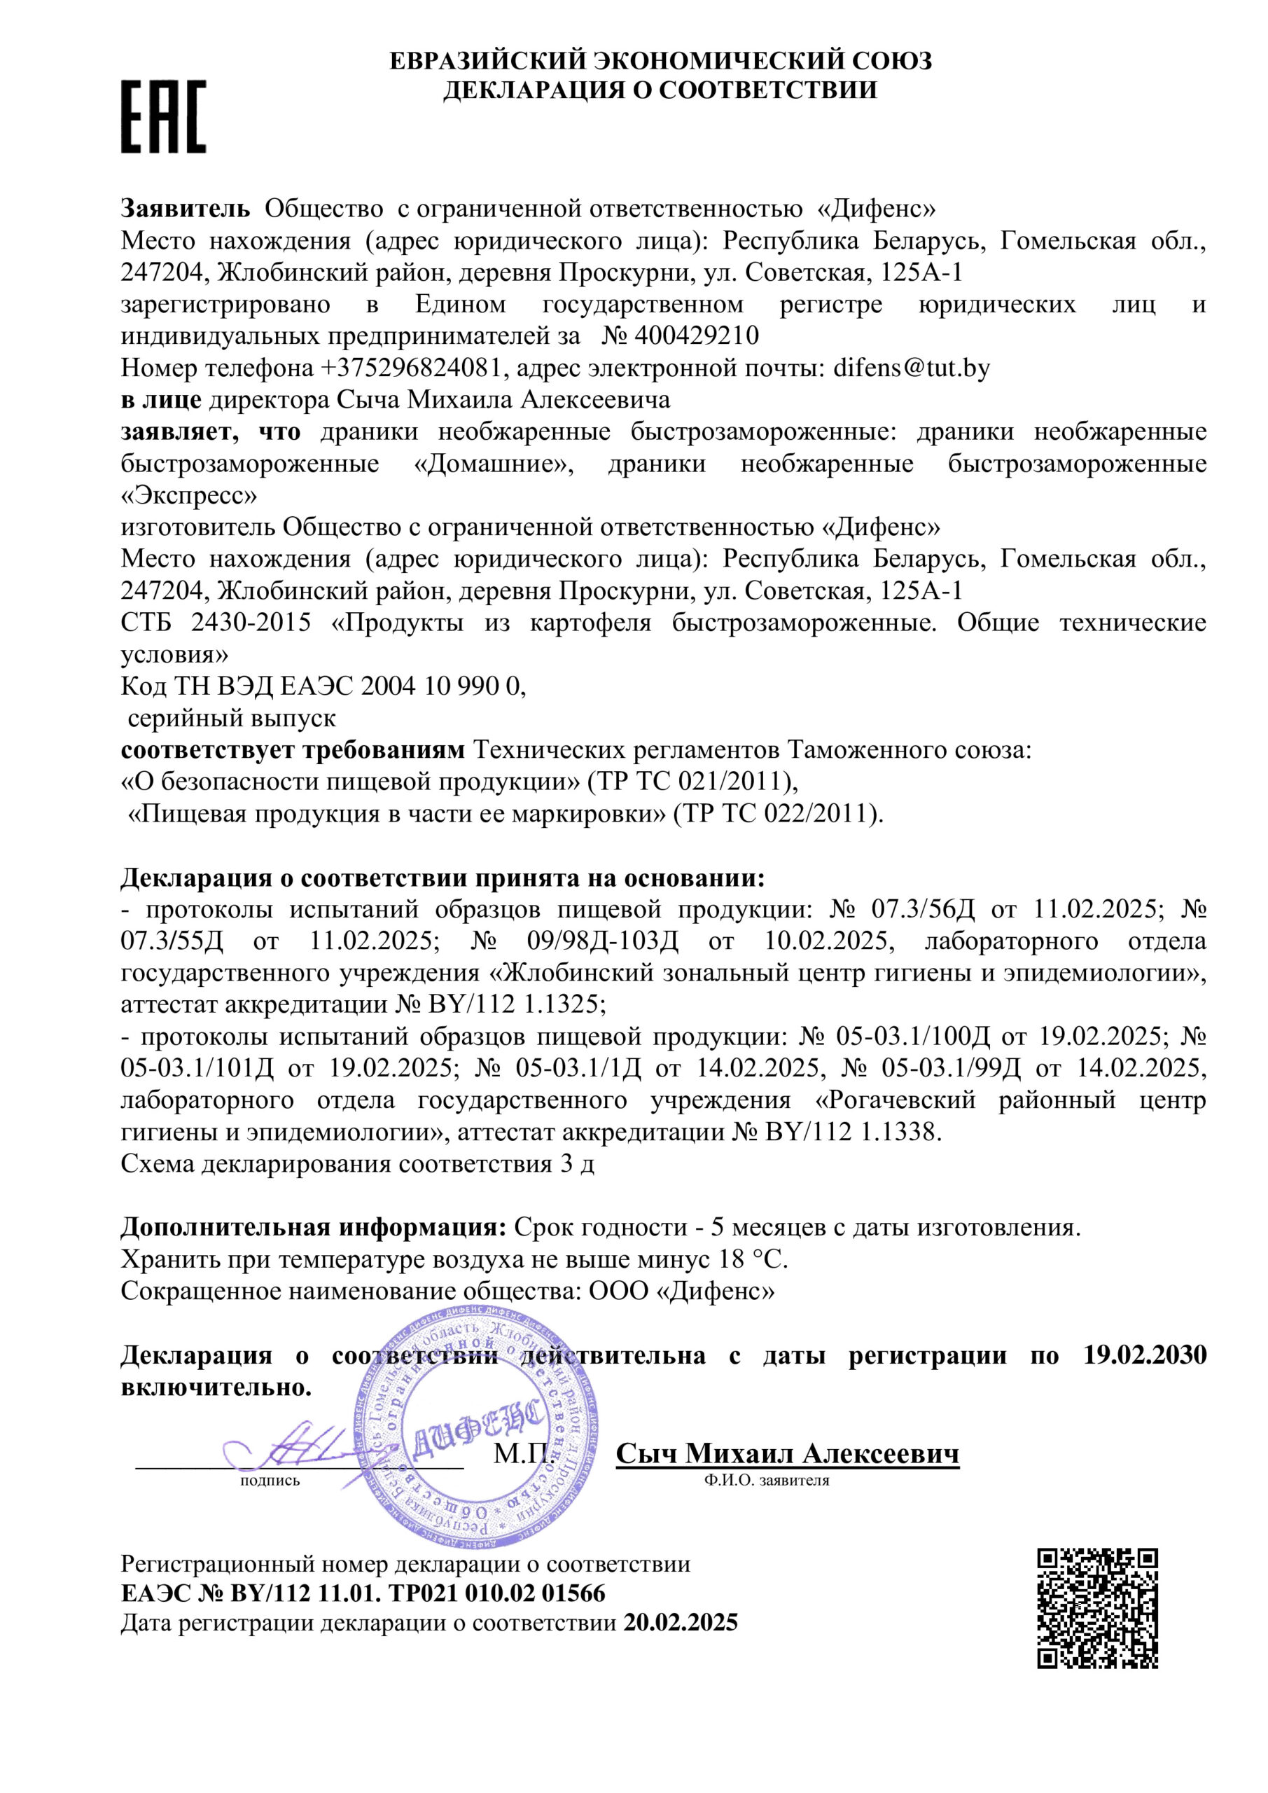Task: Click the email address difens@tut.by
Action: pos(912,368)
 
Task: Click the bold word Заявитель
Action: pos(186,209)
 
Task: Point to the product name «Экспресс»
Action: pos(188,496)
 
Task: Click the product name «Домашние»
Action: pos(493,464)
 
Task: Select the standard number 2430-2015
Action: pos(251,623)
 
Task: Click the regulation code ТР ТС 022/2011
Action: pos(781,815)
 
